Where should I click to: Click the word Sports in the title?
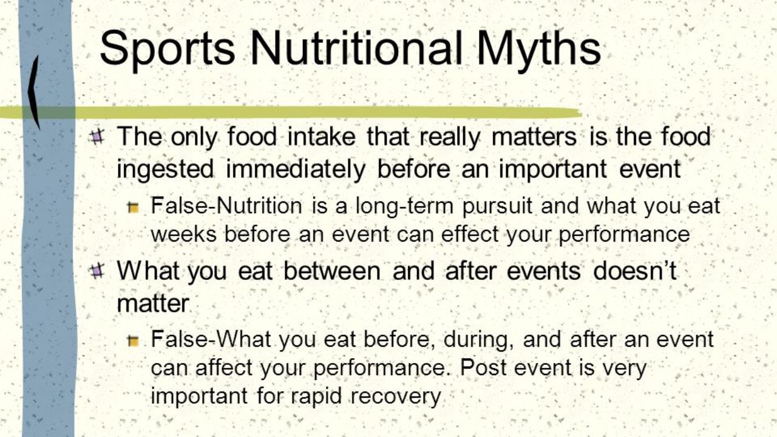pyautogui.click(x=167, y=48)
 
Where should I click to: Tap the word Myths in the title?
pyautogui.click(x=538, y=48)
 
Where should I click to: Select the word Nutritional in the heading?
pyautogui.click(x=356, y=48)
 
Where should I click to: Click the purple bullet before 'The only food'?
pyautogui.click(x=96, y=137)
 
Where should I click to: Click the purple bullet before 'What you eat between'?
pyautogui.click(x=96, y=271)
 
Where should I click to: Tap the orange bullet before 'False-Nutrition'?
pyautogui.click(x=133, y=208)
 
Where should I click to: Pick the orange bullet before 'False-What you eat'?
pyautogui.click(x=133, y=341)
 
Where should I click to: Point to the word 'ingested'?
pyautogui.click(x=165, y=170)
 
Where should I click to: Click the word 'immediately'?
pyautogui.click(x=296, y=170)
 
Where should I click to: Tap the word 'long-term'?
pyautogui.click(x=404, y=206)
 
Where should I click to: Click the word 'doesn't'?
pyautogui.click(x=635, y=271)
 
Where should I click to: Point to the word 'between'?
pyautogui.click(x=332, y=271)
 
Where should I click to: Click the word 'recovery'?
pyautogui.click(x=396, y=396)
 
